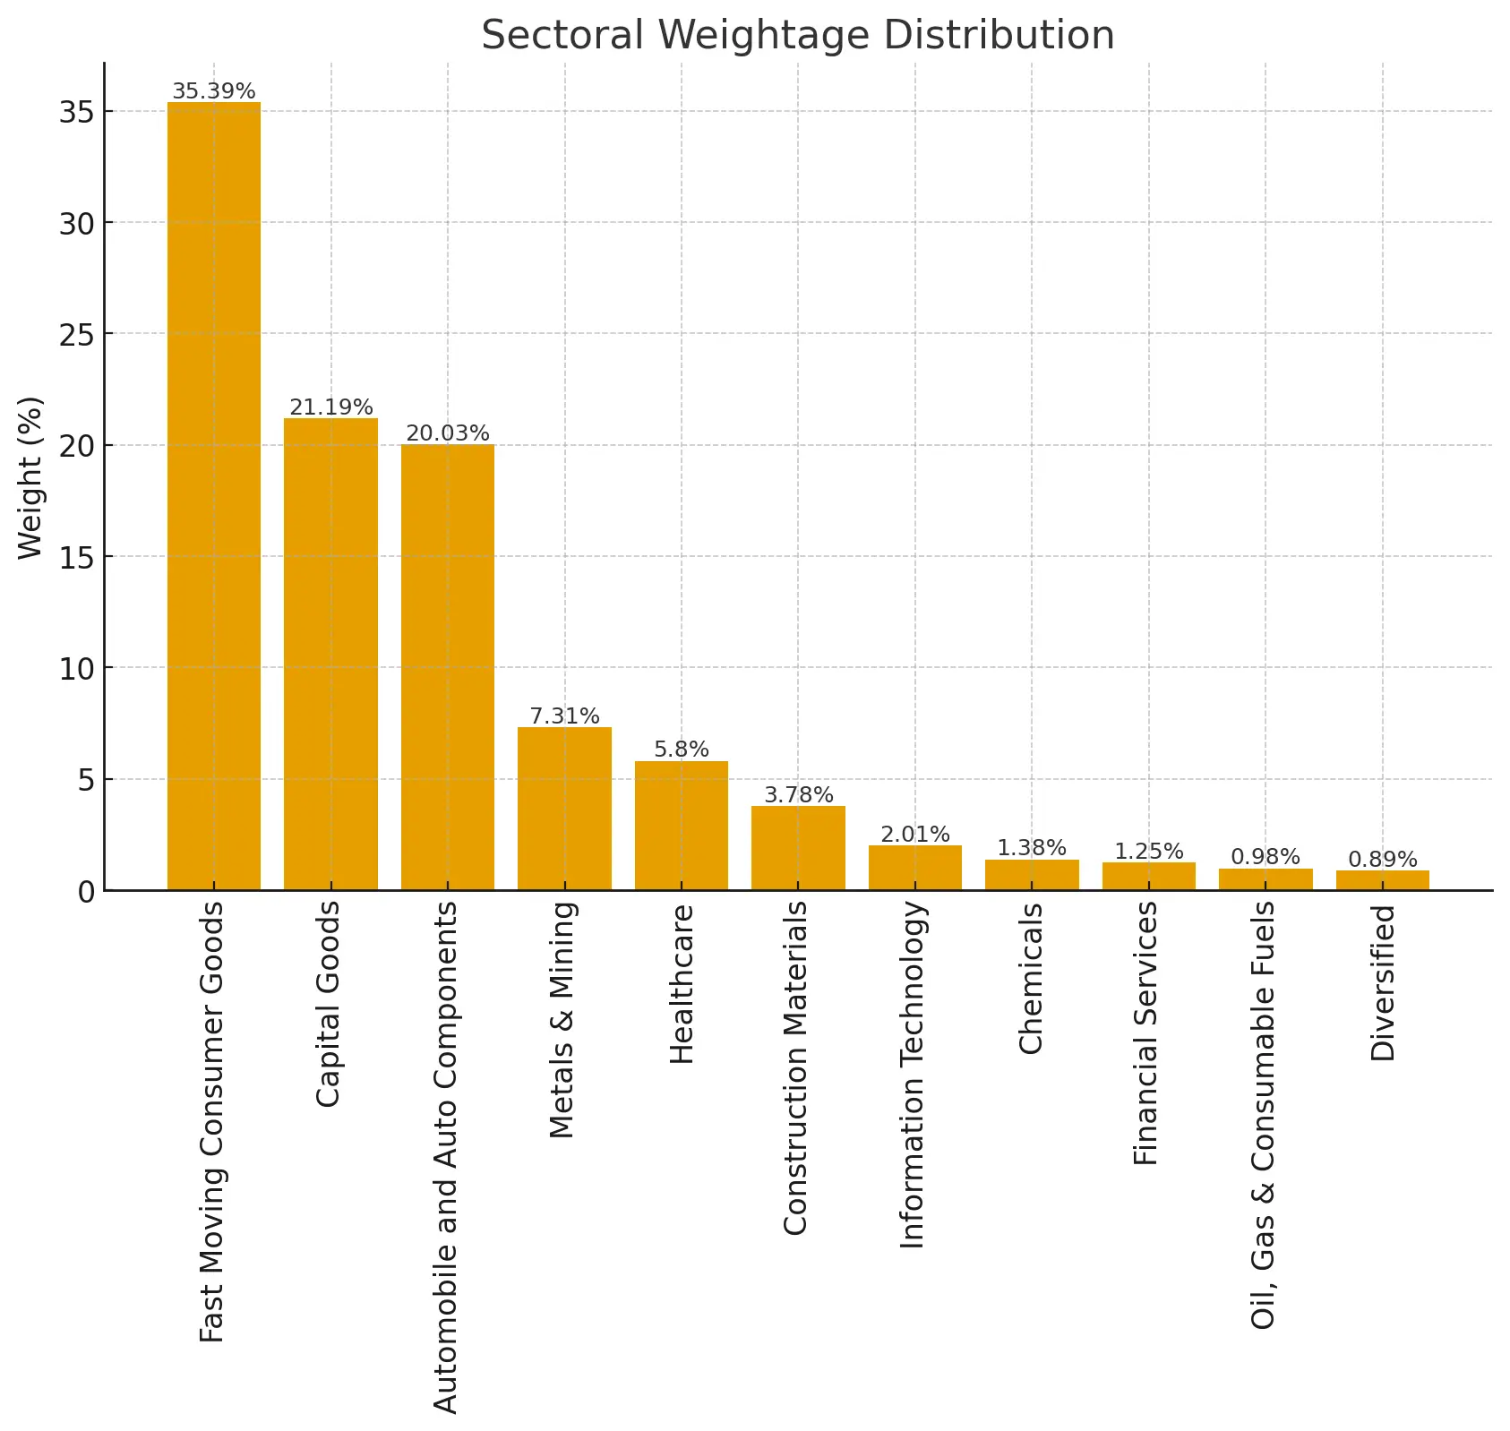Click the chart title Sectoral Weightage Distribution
click(797, 36)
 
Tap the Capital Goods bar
click(330, 654)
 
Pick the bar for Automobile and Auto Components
click(448, 667)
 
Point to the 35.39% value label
click(214, 91)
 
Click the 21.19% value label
click(330, 407)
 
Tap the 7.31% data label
click(564, 716)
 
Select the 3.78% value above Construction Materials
click(798, 795)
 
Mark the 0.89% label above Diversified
click(1382, 860)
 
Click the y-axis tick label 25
click(77, 335)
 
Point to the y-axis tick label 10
click(77, 669)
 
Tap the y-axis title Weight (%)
click(30, 477)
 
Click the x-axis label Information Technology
click(913, 1074)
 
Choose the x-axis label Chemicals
click(1031, 978)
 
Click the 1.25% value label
click(1148, 852)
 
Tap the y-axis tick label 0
click(86, 892)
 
